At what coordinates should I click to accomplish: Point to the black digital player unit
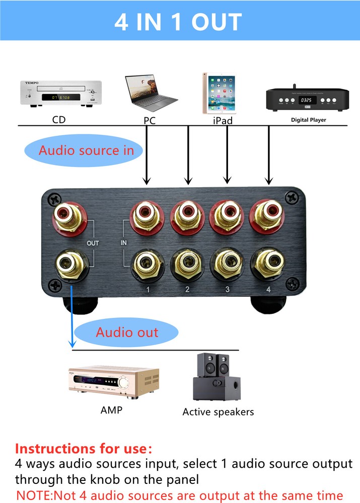307,99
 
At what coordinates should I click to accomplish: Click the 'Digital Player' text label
308,120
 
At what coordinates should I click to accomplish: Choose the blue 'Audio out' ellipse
127,332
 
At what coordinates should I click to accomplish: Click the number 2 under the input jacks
187,289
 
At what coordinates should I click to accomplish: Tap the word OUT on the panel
93,243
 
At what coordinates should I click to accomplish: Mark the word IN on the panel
124,243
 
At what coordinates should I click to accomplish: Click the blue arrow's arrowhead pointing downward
72,344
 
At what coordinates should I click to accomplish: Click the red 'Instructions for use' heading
83,448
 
